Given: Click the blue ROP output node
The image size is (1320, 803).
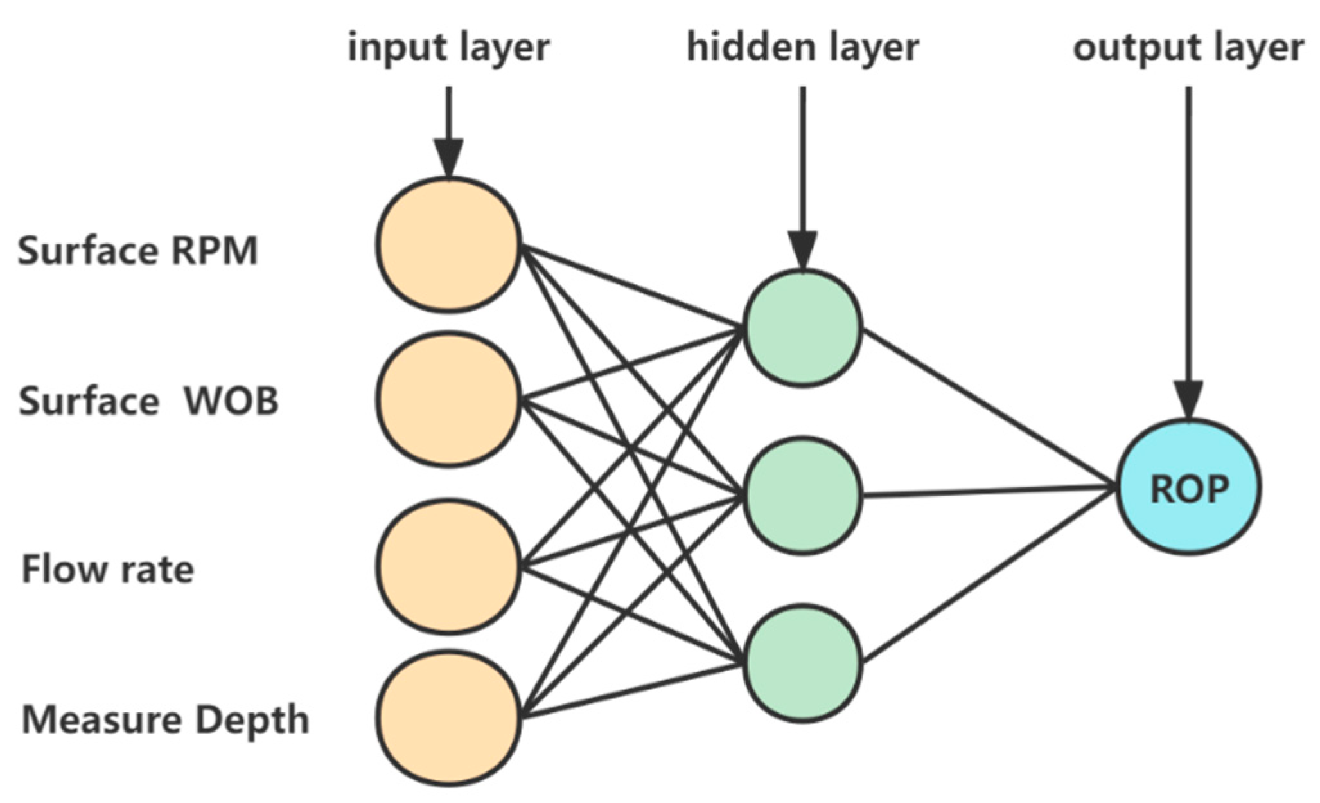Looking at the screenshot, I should (x=1188, y=487).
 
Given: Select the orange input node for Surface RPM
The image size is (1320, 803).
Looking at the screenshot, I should (x=448, y=245).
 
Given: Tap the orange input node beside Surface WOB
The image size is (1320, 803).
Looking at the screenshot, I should (x=448, y=399).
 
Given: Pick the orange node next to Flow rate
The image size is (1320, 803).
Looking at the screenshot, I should (x=448, y=566).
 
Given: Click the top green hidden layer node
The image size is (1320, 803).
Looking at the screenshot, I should (x=802, y=328).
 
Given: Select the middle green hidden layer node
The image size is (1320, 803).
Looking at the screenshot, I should (x=802, y=495).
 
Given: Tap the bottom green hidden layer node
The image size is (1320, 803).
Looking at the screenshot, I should (x=802, y=663).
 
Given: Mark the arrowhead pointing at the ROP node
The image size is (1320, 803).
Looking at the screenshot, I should (x=1188, y=399).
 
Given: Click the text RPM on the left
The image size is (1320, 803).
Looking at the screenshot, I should (x=214, y=250).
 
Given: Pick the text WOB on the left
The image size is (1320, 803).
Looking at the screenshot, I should (x=231, y=401).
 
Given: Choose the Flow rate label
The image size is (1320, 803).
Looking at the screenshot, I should (x=107, y=570).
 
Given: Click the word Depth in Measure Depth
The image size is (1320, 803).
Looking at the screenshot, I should (x=252, y=720).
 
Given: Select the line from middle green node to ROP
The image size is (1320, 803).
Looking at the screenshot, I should (x=989, y=491).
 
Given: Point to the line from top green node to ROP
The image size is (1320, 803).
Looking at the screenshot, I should (x=989, y=408).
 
